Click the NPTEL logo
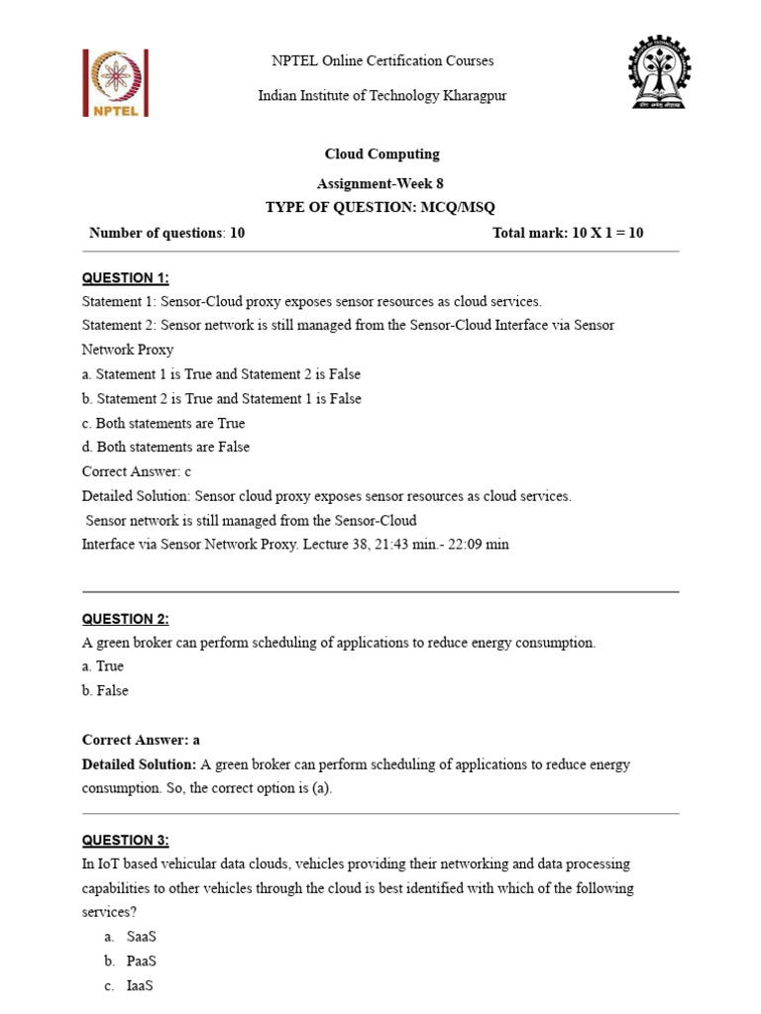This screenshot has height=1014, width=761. [x=115, y=83]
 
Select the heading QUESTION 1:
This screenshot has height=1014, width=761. [x=125, y=277]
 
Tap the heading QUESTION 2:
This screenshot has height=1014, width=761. [x=125, y=619]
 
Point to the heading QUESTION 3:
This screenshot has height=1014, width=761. [x=125, y=840]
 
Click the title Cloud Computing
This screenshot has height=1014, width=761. [x=381, y=153]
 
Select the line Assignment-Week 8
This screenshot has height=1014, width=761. [x=381, y=184]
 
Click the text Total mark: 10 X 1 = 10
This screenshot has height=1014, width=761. [x=568, y=233]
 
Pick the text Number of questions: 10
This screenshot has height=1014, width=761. [x=166, y=233]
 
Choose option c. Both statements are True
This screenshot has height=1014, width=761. [x=163, y=423]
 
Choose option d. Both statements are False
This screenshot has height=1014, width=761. [x=165, y=447]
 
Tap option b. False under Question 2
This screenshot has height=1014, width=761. [x=105, y=690]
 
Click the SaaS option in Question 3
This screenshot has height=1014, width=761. [x=142, y=937]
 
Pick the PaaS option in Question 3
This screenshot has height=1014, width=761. [x=142, y=961]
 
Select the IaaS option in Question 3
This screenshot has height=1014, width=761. [x=141, y=985]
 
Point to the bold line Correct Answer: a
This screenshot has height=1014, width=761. [x=141, y=740]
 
